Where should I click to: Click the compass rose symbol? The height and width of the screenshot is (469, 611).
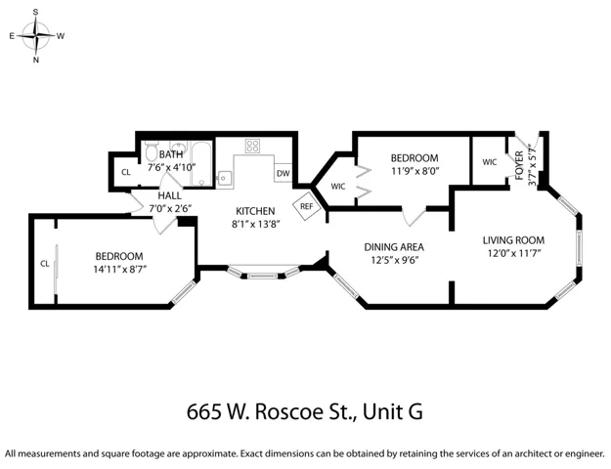(36, 36)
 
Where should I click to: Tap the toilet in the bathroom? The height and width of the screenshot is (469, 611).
(151, 151)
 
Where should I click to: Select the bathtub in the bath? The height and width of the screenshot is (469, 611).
(201, 163)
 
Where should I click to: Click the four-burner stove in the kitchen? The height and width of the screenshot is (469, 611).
(252, 147)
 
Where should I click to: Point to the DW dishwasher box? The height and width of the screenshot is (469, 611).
(284, 173)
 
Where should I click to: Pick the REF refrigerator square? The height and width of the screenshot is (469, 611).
(307, 206)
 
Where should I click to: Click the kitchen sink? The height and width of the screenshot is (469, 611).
(224, 179)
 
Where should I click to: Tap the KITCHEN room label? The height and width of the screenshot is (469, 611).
(255, 211)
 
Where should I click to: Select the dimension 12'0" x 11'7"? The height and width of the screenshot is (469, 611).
(514, 254)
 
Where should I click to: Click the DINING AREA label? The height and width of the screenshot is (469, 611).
(394, 247)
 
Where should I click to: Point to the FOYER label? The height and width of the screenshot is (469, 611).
(519, 165)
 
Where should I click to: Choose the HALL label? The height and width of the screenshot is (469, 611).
(169, 195)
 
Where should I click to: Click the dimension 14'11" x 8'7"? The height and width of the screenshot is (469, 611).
(120, 270)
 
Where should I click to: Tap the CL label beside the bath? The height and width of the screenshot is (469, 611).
(125, 172)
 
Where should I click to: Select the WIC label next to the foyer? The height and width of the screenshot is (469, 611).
(490, 162)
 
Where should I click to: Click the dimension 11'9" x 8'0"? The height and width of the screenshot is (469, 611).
(415, 171)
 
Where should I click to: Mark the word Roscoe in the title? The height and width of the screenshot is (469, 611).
(287, 411)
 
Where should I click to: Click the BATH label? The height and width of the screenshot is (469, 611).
(171, 154)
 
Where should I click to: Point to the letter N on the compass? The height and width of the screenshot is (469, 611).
(36, 60)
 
